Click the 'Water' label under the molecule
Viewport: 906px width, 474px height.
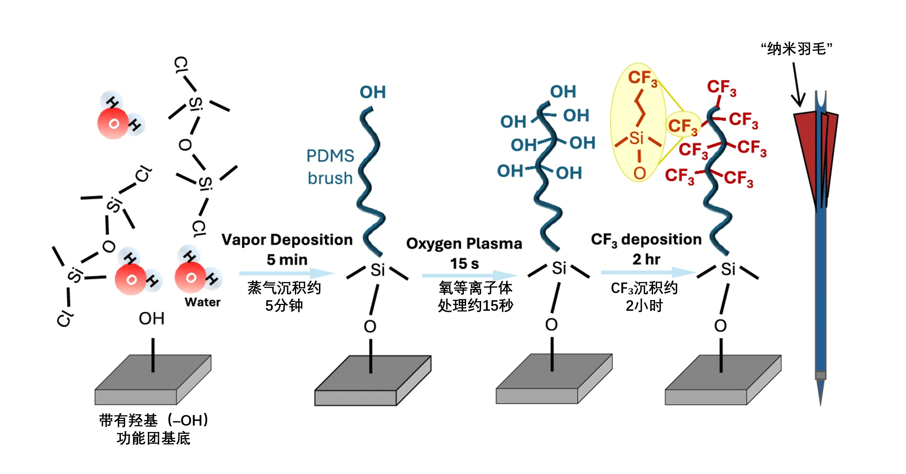point(202,302)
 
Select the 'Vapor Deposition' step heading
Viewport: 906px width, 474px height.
point(287,240)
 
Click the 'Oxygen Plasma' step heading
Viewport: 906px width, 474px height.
point(464,244)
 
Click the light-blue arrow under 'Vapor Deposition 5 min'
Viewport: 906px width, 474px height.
point(286,273)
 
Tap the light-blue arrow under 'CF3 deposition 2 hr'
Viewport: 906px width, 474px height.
point(648,272)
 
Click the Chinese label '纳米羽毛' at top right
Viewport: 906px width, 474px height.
point(796,49)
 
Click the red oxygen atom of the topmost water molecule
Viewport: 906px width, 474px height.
point(113,123)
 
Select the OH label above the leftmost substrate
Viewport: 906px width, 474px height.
point(152,319)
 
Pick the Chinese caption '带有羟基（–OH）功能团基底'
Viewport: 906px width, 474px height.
point(153,429)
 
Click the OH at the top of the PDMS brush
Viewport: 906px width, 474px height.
point(372,92)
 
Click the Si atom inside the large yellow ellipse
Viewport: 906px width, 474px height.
point(637,138)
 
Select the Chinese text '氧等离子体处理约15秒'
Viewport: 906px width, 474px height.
point(475,297)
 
